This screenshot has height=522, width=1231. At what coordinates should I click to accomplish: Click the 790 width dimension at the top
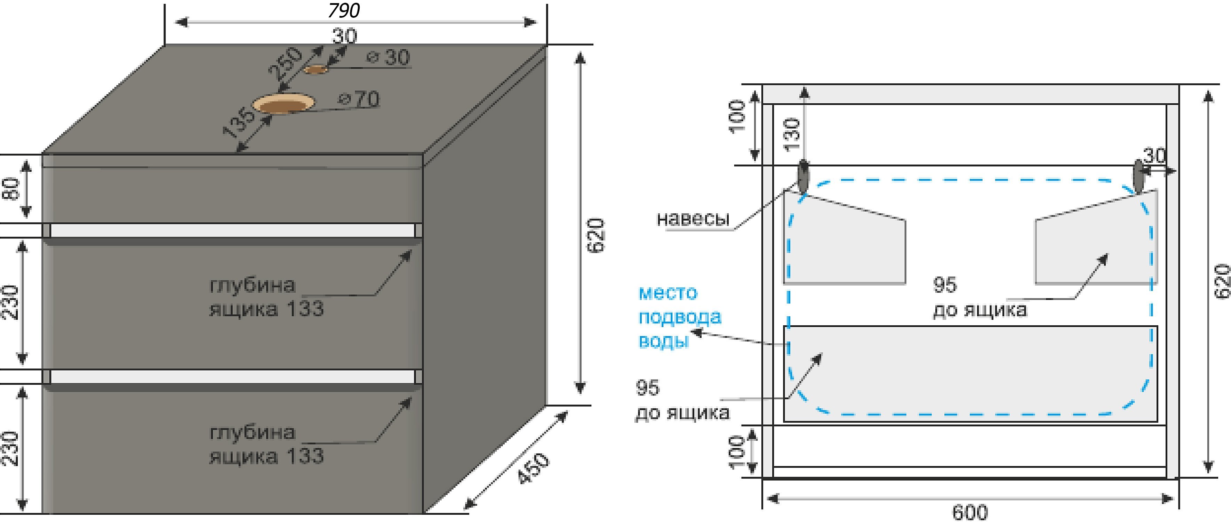pyautogui.click(x=344, y=10)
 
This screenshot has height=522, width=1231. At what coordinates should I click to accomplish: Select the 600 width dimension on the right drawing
pyautogui.click(x=970, y=512)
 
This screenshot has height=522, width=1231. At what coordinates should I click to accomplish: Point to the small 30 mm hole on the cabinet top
pyautogui.click(x=316, y=70)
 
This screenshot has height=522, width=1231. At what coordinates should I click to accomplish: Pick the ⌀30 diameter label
pyautogui.click(x=389, y=58)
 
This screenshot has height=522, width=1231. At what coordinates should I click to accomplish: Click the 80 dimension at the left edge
pyautogui.click(x=11, y=189)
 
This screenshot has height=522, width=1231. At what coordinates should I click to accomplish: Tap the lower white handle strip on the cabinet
pyautogui.click(x=232, y=377)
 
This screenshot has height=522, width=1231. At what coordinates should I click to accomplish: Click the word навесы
pyautogui.click(x=693, y=219)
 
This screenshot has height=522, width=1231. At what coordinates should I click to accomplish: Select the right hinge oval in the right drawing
pyautogui.click(x=1139, y=177)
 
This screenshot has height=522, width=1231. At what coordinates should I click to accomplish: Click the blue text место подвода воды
pyautogui.click(x=679, y=317)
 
